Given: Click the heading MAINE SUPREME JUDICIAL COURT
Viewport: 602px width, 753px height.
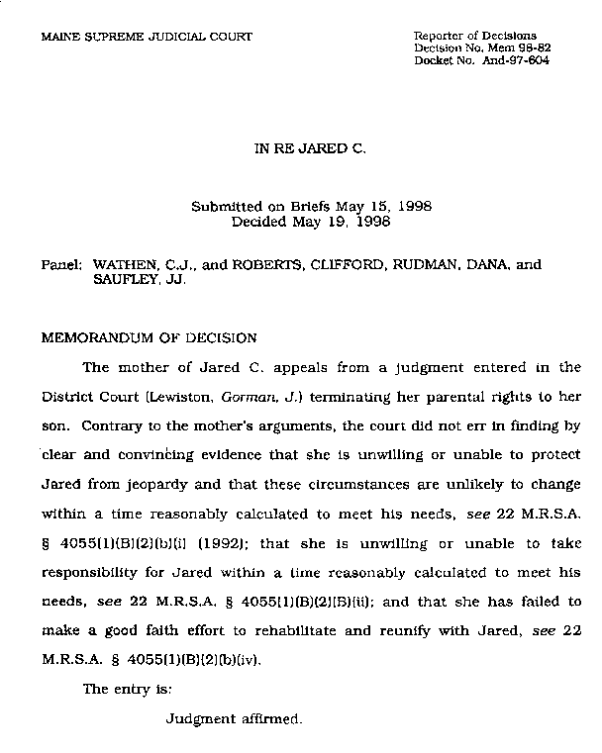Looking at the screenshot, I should coord(147,37).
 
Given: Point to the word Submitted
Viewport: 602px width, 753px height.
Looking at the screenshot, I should coord(228,208).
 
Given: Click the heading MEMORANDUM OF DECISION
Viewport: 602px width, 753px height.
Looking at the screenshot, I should coord(149,337).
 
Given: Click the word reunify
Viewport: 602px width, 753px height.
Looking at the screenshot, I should coord(429,629).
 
